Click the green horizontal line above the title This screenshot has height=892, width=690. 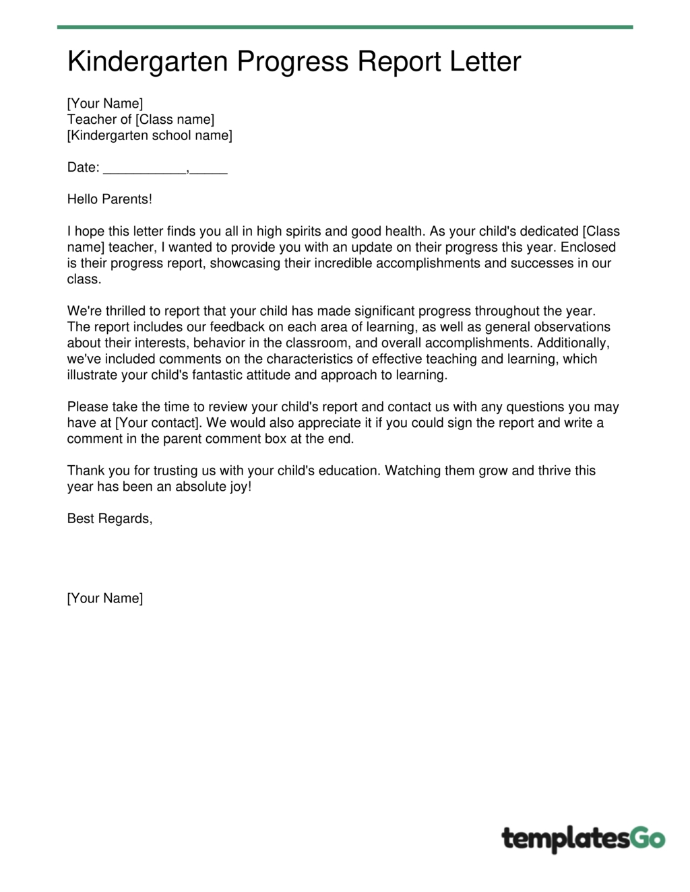point(345,27)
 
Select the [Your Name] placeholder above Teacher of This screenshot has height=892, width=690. point(105,103)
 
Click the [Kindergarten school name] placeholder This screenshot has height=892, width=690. point(150,135)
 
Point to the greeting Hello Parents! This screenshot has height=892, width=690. point(110,199)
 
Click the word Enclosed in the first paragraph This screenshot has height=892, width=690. point(588,247)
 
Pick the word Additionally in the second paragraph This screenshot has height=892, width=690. point(573,343)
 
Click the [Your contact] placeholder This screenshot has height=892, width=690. point(158,423)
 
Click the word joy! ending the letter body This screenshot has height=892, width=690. point(241,486)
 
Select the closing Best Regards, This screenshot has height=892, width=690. point(110,518)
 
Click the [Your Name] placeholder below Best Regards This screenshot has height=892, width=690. point(105,598)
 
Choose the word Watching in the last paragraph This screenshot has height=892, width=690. point(412,470)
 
